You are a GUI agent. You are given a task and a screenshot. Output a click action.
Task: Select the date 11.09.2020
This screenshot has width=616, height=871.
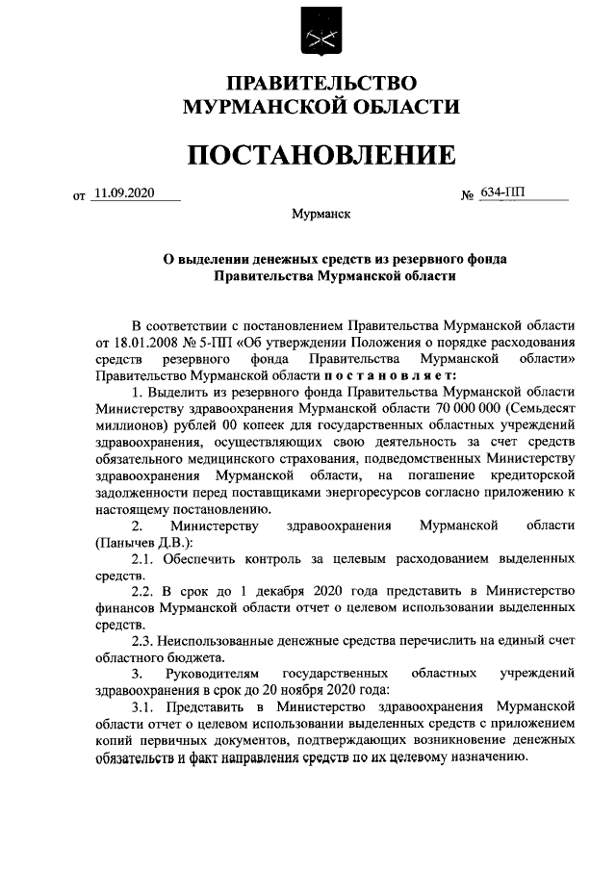(124, 192)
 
